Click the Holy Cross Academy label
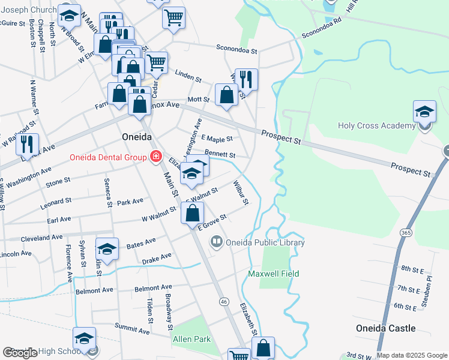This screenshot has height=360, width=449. click(377, 125)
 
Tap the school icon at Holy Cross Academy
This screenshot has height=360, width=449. click(424, 112)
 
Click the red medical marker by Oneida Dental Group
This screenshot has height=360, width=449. click(156, 157)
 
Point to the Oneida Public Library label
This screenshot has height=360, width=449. click(265, 242)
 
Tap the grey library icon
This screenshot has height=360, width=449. click(216, 242)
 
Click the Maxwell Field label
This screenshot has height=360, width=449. click(274, 274)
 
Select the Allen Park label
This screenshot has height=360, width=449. click(191, 339)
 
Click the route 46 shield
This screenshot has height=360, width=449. click(224, 301)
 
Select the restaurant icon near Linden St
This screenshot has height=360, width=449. click(246, 79)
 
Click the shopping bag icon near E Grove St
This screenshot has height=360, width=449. click(192, 213)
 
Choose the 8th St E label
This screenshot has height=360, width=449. click(413, 269)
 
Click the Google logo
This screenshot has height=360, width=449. click(20, 353)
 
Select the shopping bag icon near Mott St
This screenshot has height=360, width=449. click(226, 95)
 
